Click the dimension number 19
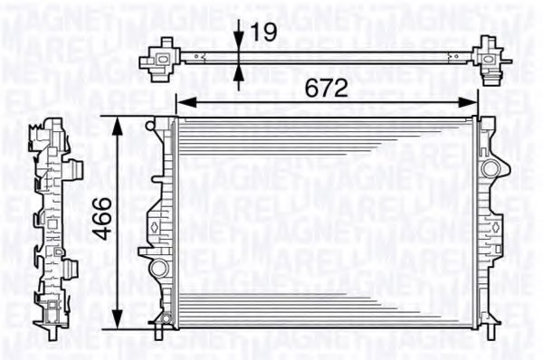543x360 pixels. [x=262, y=33]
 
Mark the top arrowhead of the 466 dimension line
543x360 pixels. [x=119, y=124]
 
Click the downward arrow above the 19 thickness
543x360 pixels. [x=238, y=43]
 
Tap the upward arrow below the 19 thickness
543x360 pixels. [x=238, y=73]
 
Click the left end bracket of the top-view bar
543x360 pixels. [x=164, y=57]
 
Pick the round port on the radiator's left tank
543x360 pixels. [x=158, y=267]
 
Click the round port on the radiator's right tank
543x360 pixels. [x=490, y=168]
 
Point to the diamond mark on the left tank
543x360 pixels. [x=154, y=225]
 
